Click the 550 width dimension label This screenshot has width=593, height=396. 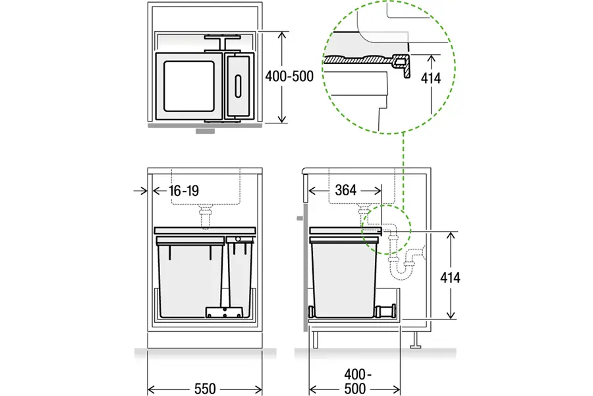click(x=205, y=389)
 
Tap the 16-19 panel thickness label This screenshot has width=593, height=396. click(x=184, y=191)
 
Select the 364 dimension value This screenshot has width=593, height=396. click(x=346, y=190)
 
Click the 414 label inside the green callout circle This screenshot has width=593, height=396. click(x=431, y=79)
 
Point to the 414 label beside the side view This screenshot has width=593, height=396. click(x=450, y=278)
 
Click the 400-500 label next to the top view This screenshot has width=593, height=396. click(x=289, y=77)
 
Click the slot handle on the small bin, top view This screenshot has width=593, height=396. click(x=238, y=86)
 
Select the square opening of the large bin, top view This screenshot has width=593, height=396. click(x=188, y=86)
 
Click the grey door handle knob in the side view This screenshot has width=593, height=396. click(x=300, y=218)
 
